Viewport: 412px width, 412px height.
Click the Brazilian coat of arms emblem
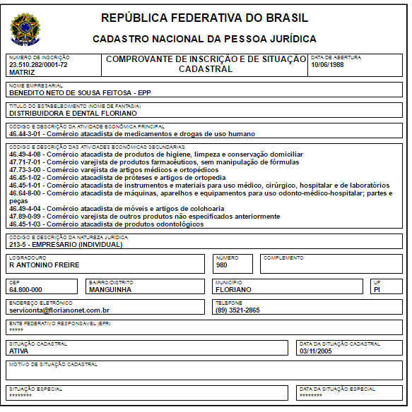click(25, 27)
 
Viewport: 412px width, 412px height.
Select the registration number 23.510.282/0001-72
click(38, 65)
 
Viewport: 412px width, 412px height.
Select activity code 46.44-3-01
click(26, 133)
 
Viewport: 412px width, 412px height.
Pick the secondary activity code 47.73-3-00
click(26, 169)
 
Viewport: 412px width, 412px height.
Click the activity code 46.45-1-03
click(26, 224)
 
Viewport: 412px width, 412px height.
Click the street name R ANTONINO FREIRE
click(44, 265)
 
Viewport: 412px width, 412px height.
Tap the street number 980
click(222, 265)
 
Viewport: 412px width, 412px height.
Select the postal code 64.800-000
click(25, 289)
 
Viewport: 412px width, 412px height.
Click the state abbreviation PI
click(377, 289)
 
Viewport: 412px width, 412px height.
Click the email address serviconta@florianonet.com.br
click(59, 310)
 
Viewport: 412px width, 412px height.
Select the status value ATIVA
click(18, 350)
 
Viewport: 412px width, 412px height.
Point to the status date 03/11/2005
click(315, 350)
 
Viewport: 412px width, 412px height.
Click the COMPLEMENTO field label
click(283, 258)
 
